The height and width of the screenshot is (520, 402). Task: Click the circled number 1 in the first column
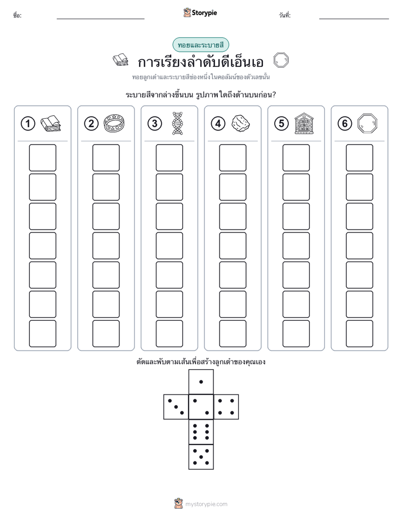point(28,124)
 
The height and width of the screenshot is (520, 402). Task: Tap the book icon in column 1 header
point(51,124)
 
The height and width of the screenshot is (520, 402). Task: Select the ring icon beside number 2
point(114,123)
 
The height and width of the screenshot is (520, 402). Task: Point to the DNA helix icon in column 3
point(177,123)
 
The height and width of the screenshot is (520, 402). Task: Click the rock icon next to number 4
point(240,123)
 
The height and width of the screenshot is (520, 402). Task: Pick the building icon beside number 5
point(304,123)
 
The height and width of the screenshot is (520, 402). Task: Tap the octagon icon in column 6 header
point(367,123)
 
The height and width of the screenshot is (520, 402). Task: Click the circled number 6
point(345,124)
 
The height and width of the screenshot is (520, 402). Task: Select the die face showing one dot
point(201,382)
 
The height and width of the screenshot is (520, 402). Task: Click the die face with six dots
point(201,432)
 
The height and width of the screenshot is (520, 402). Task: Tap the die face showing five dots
point(201,457)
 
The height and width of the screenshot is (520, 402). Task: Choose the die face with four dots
point(226,407)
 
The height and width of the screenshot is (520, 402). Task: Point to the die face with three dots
point(176,407)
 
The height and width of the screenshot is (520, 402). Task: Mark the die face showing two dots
point(201,407)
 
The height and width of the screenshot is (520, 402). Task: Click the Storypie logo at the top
point(200,13)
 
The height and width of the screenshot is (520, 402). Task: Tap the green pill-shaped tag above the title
point(200,45)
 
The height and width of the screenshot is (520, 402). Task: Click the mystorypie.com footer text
point(206,504)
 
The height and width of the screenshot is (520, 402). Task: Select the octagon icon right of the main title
point(281,60)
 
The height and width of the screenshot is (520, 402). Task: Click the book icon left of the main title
point(120,60)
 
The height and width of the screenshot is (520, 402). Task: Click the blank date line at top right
point(354,19)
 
